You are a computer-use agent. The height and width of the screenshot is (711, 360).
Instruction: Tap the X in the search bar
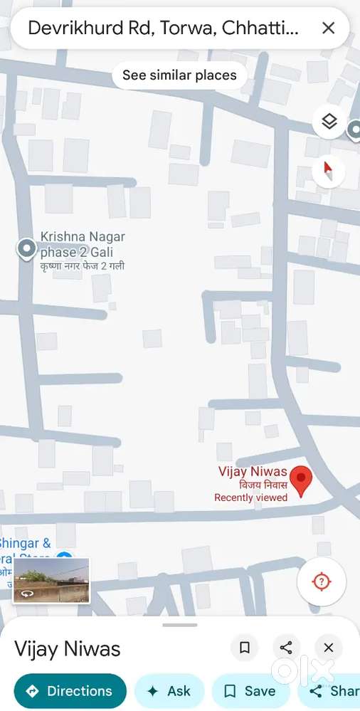(x=328, y=28)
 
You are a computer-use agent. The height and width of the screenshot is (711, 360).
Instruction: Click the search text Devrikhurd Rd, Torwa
(x=163, y=28)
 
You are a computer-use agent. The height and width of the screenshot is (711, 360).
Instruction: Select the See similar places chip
(x=179, y=75)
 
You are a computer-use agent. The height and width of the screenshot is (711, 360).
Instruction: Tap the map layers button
(x=329, y=122)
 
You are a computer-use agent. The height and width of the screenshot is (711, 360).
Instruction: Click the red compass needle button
(x=328, y=170)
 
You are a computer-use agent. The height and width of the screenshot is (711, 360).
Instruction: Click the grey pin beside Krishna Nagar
(x=26, y=248)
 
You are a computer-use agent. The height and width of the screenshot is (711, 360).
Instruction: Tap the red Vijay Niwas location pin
(x=302, y=480)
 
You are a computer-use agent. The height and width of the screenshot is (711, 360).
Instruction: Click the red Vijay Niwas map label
(x=253, y=472)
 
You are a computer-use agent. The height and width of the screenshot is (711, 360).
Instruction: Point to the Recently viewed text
(x=250, y=497)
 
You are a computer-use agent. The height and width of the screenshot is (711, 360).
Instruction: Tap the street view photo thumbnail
(x=51, y=580)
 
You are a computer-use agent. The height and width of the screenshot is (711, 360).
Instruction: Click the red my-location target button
(x=322, y=581)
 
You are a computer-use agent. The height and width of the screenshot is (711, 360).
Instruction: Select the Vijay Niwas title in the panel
(x=68, y=648)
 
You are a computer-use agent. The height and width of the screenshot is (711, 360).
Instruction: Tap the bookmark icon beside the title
(x=245, y=648)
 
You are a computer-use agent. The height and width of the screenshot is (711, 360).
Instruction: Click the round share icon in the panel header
(x=286, y=648)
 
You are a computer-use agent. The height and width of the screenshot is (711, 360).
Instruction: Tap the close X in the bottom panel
(x=328, y=648)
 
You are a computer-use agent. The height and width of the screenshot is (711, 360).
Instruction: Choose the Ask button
(x=169, y=691)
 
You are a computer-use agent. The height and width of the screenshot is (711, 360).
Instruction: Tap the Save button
(x=250, y=691)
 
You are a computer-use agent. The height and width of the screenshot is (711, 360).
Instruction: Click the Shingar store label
(x=26, y=544)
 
